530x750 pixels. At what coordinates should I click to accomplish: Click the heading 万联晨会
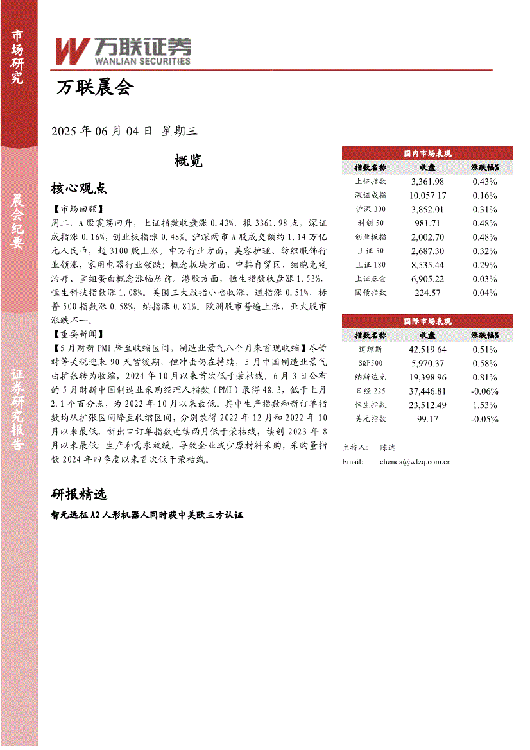click(x=95, y=88)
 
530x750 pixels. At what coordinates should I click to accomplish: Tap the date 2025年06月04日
click(x=101, y=132)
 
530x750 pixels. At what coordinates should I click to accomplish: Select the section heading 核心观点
click(x=78, y=188)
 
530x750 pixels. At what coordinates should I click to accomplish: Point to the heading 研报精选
click(x=78, y=494)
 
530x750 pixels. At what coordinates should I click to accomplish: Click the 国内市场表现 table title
click(x=427, y=154)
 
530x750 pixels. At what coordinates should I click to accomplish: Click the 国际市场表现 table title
click(x=427, y=321)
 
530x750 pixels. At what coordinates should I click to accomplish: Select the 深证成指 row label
click(x=370, y=196)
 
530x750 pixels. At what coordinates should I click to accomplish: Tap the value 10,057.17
click(x=427, y=196)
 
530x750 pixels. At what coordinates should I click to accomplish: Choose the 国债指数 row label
click(x=370, y=293)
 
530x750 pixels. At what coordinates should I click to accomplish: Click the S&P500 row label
click(x=370, y=364)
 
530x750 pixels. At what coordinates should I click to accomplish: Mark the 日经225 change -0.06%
click(x=484, y=391)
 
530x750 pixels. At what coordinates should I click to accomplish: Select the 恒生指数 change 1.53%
click(x=484, y=405)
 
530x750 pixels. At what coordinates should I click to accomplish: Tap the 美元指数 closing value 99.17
click(x=427, y=419)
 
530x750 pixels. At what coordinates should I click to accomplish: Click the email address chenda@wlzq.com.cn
click(x=415, y=461)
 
